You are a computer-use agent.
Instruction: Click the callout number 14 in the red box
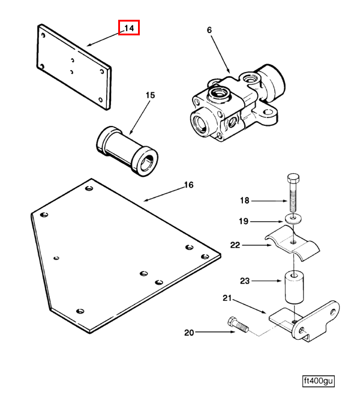coord(129,28)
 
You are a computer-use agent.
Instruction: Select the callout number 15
coord(150,95)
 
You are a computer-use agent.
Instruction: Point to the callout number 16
coord(188,185)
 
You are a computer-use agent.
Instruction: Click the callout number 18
coord(244,201)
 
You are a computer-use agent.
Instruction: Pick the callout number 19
coord(244,221)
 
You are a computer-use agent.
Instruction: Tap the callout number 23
coord(244,280)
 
